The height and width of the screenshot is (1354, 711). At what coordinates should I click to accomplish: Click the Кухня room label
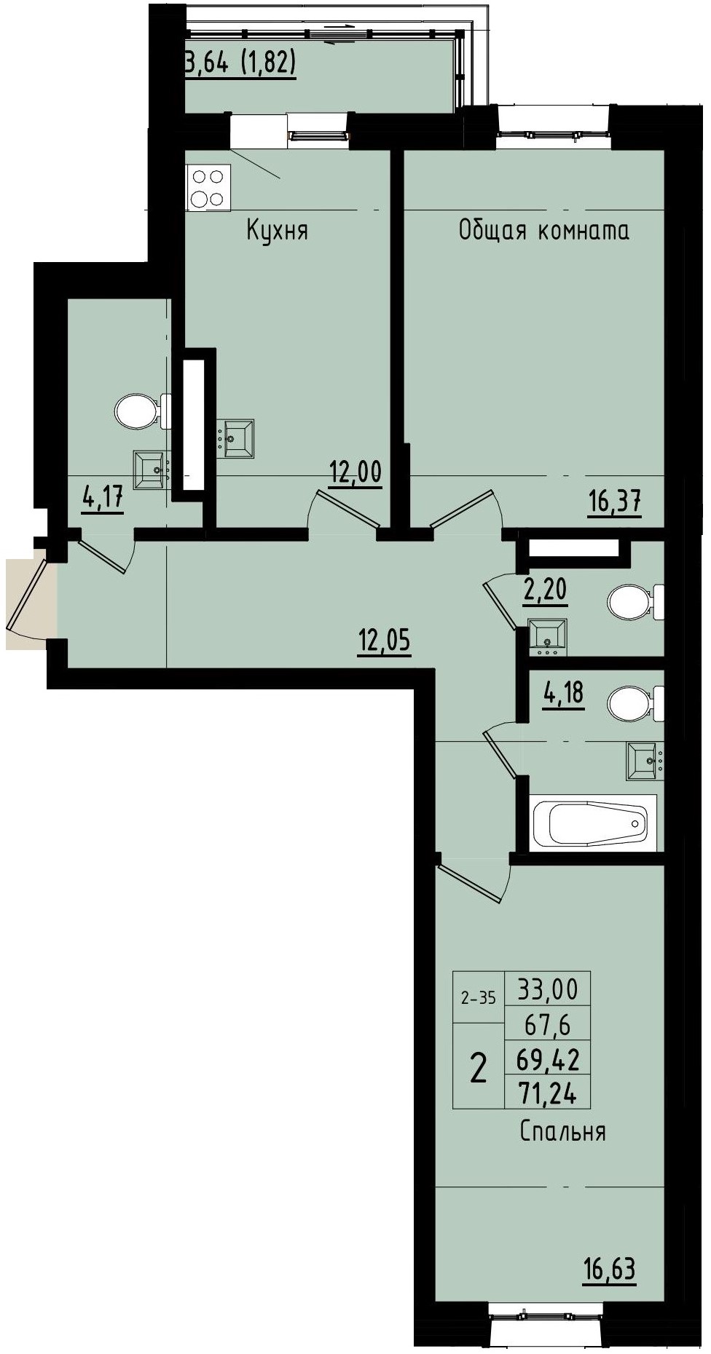pyautogui.click(x=277, y=231)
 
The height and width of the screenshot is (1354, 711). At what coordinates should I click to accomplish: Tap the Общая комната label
pyautogui.click(x=543, y=231)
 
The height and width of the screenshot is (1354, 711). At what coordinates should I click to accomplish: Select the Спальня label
pyautogui.click(x=562, y=1131)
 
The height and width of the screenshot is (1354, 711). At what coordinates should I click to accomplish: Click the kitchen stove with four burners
pyautogui.click(x=209, y=187)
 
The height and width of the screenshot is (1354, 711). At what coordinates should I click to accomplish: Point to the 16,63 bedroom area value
pyautogui.click(x=609, y=1269)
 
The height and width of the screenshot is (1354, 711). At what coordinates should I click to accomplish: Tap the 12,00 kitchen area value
pyautogui.click(x=355, y=472)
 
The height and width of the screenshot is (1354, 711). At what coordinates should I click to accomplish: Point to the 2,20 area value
pyautogui.click(x=545, y=589)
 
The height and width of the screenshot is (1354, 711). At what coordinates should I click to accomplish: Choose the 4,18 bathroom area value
pyautogui.click(x=562, y=692)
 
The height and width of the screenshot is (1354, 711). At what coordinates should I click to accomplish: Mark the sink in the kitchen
pyautogui.click(x=237, y=438)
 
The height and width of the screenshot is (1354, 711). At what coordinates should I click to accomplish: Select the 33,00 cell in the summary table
pyautogui.click(x=547, y=989)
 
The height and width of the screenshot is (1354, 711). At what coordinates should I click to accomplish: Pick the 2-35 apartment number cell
pyautogui.click(x=479, y=998)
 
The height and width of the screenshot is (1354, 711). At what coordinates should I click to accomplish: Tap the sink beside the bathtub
pyautogui.click(x=643, y=761)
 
